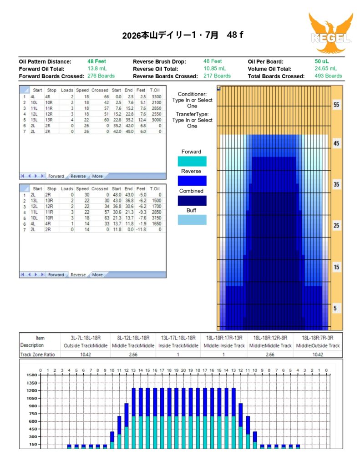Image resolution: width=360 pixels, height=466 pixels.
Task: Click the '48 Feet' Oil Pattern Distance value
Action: pyautogui.click(x=96, y=61)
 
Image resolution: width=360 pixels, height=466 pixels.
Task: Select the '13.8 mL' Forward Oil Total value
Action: pyautogui.click(x=96, y=69)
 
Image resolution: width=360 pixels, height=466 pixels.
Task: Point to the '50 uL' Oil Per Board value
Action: pyautogui.click(x=321, y=61)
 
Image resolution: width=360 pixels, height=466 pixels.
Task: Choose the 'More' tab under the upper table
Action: pyautogui.click(x=97, y=176)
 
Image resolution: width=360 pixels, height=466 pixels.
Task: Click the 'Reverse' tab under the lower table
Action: pyautogui.click(x=78, y=275)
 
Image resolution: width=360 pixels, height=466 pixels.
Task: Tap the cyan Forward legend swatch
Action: pyautogui.click(x=191, y=161)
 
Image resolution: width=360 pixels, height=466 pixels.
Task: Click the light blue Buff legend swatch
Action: pyautogui.click(x=191, y=220)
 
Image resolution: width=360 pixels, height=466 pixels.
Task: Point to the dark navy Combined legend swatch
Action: pyautogui.click(x=191, y=201)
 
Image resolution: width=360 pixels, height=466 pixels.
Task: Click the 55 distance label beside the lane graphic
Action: pyautogui.click(x=336, y=105)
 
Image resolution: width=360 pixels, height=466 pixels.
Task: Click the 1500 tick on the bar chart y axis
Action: pyautogui.click(x=31, y=375)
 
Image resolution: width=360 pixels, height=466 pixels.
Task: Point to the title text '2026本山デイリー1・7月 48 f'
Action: pyautogui.click(x=183, y=35)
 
